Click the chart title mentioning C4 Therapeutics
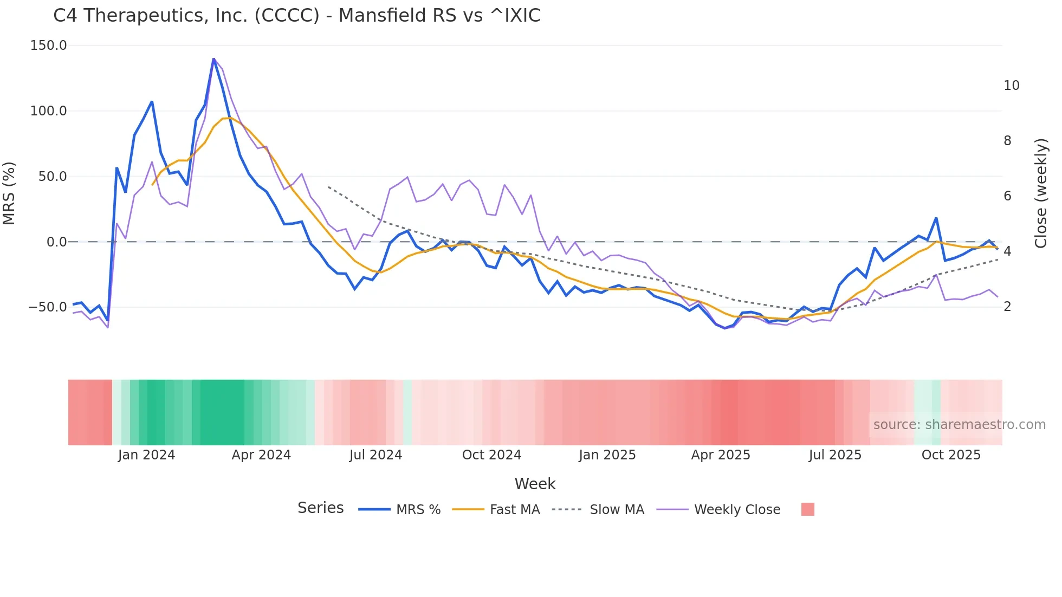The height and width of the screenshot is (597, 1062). point(296,16)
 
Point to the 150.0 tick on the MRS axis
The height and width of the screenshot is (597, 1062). point(49,46)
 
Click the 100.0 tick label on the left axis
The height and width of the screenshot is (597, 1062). point(49,111)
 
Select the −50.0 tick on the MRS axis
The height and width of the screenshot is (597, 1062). point(48,307)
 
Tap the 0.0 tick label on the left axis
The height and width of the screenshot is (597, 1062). point(56,242)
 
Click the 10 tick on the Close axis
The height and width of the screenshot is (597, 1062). point(1011,86)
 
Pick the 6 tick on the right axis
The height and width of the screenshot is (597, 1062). point(1007,196)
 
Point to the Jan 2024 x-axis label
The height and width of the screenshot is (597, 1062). point(146,455)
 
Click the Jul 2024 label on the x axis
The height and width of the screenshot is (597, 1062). point(375,455)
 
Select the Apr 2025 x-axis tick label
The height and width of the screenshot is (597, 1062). point(720,455)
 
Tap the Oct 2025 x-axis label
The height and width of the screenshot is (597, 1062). point(951,455)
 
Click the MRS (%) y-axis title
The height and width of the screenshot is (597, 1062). point(9,193)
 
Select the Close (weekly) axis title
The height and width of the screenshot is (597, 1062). point(1041,193)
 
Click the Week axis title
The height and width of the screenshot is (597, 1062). point(535,484)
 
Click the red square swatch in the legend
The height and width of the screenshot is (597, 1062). point(807,509)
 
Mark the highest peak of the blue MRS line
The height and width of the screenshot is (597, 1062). point(213,59)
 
